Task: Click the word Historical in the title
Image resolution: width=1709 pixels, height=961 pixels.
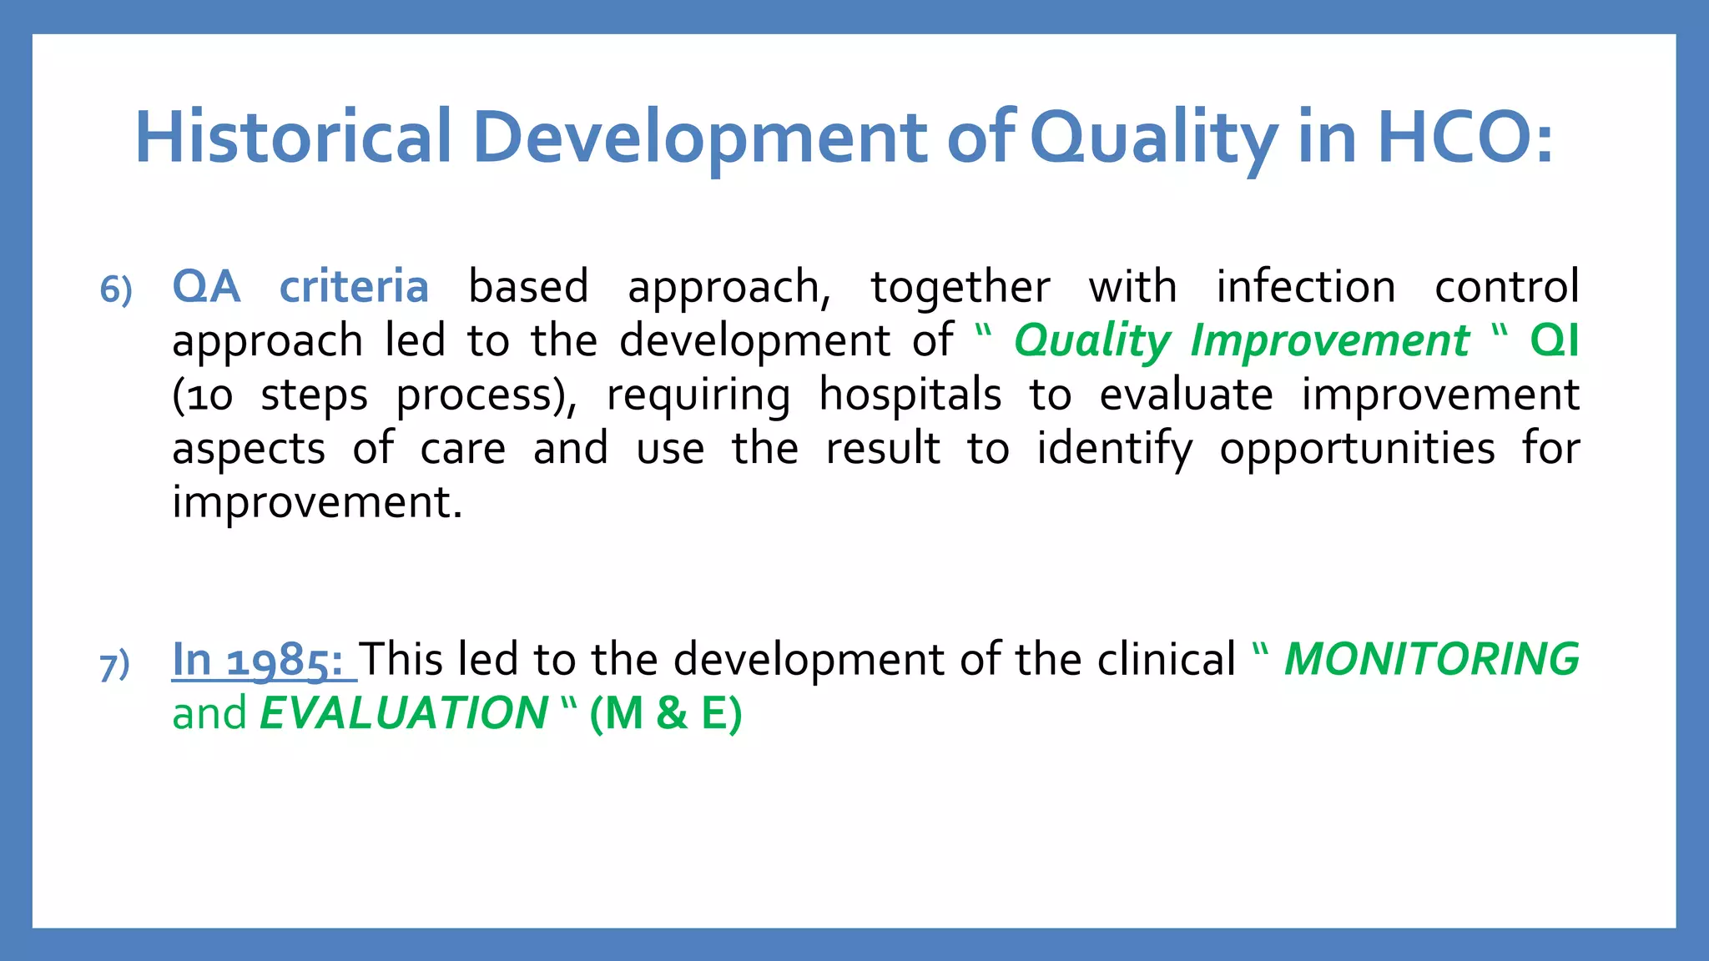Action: pyautogui.click(x=294, y=138)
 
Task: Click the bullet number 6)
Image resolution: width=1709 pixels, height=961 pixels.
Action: pyautogui.click(x=116, y=290)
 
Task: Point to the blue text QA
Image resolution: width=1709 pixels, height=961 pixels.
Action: pyautogui.click(x=206, y=287)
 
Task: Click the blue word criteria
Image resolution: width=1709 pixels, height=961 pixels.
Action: pyautogui.click(x=354, y=287)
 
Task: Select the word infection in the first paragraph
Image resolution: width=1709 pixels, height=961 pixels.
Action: pyautogui.click(x=1305, y=287)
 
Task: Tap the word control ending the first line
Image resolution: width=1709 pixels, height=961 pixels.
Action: pyautogui.click(x=1506, y=287)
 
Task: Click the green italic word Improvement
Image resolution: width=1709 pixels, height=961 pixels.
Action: pyautogui.click(x=1329, y=341)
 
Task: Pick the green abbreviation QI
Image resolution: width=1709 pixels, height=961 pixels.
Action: pyautogui.click(x=1554, y=341)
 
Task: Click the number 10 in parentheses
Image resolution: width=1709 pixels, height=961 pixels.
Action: pyautogui.click(x=209, y=396)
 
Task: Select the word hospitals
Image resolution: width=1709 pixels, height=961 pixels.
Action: pyautogui.click(x=910, y=395)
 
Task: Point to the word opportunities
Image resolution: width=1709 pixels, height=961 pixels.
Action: pyautogui.click(x=1357, y=450)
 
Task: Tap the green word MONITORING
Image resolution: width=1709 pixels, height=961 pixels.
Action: pyautogui.click(x=1431, y=659)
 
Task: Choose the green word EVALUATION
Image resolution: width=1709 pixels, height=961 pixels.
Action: pyautogui.click(x=403, y=713)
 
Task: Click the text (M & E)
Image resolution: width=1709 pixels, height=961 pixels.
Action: pyautogui.click(x=665, y=714)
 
